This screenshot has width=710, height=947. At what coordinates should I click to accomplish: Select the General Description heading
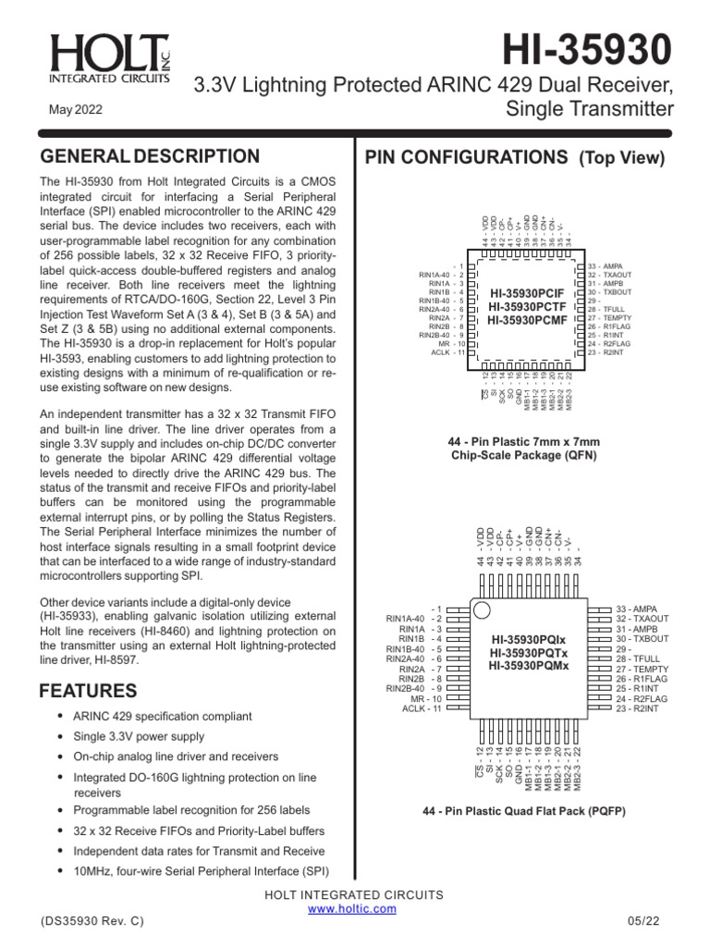coord(149,156)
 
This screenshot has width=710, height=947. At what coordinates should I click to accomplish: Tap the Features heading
coord(88,691)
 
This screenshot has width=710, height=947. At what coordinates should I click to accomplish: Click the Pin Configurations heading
coord(515,157)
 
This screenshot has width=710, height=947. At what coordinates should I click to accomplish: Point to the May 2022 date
coord(75,109)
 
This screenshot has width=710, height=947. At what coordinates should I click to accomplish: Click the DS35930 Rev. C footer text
coord(92,923)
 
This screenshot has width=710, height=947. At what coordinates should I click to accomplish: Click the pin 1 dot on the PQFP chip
coord(482,610)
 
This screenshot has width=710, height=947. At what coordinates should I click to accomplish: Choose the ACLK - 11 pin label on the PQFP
coord(422,708)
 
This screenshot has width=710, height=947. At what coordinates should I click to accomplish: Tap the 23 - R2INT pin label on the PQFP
coord(638,708)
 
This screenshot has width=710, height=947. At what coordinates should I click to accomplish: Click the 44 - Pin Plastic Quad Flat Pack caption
coord(524,811)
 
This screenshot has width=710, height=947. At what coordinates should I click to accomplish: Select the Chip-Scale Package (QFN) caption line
coord(524,455)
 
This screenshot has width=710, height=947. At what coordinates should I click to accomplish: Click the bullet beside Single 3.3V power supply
coord(60,736)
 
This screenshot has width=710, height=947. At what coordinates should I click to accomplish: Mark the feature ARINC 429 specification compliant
coord(162,716)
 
